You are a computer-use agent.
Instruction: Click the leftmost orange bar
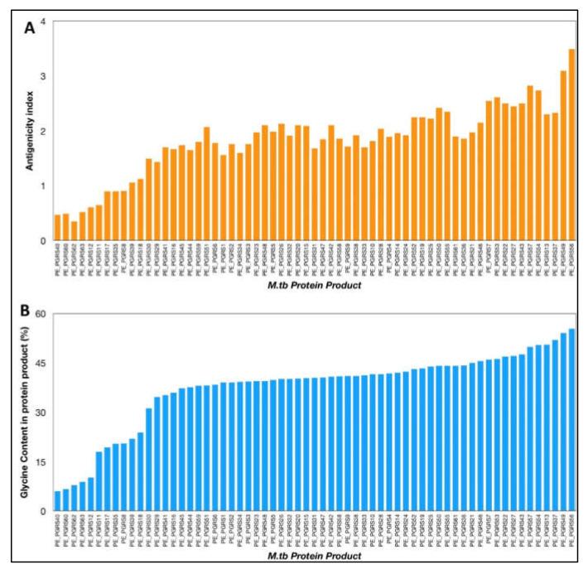click(x=57, y=228)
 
